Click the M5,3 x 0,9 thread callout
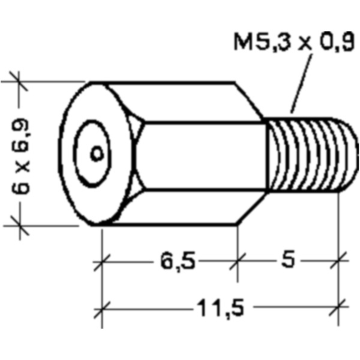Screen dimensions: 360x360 (x=293, y=43)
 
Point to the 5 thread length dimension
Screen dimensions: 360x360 (x=290, y=262)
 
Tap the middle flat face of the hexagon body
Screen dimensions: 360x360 (x=201, y=154)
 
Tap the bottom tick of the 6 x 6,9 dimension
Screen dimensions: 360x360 (x=18, y=226)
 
